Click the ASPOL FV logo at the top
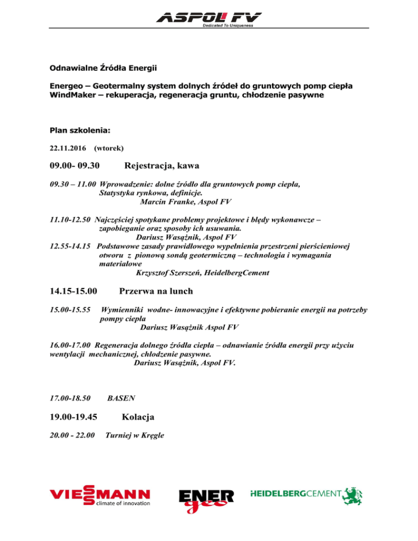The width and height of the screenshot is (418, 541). pyautogui.click(x=208, y=19)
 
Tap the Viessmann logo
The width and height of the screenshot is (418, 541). pyautogui.click(x=100, y=498)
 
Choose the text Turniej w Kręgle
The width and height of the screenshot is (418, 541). pyautogui.click(x=135, y=434)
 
